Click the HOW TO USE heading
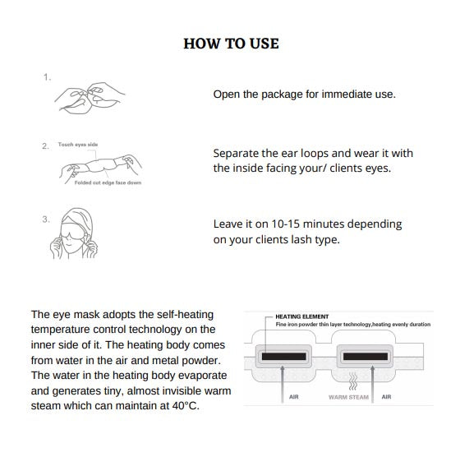click(231, 44)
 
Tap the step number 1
click(47, 77)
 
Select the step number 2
click(45, 145)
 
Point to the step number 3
click(46, 219)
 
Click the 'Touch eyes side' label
click(78, 145)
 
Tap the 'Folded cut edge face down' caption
click(108, 182)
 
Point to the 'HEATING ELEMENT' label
click(302, 316)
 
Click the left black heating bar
click(283, 357)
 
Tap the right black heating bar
click(366, 357)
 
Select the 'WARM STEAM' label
click(348, 397)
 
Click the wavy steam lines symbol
click(353, 381)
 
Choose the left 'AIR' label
click(294, 397)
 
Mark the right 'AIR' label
click(386, 397)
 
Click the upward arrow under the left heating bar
click(283, 384)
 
